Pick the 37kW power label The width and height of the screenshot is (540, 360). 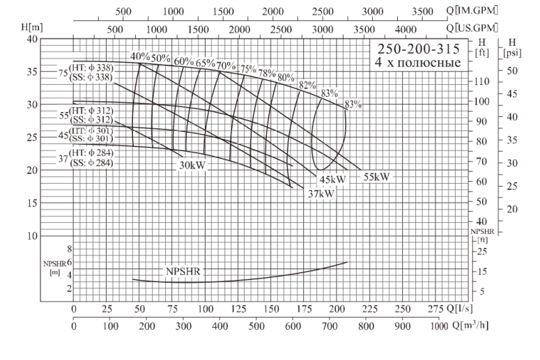point(321,194)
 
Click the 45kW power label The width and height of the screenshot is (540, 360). point(332,180)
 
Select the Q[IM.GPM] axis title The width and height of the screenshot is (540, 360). point(479,11)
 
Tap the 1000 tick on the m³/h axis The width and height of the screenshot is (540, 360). point(439,324)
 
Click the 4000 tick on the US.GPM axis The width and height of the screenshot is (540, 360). point(404,29)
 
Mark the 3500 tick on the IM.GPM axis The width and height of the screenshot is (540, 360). point(423,11)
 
